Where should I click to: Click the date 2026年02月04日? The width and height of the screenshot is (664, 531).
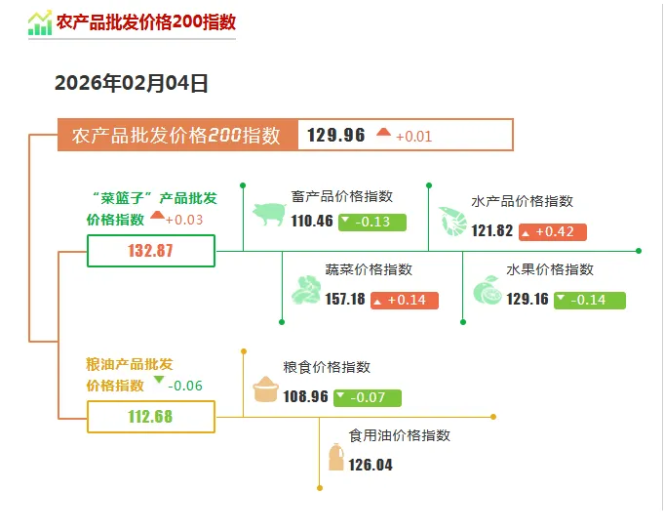coord(132,84)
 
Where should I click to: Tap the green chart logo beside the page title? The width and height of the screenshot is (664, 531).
coord(40,22)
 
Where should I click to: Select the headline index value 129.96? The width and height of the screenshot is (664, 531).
coord(336,135)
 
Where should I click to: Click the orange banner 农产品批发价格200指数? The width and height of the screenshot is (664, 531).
coord(177,135)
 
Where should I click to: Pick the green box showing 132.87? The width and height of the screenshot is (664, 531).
coord(151,251)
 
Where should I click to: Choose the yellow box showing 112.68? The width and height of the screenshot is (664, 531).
coord(151,417)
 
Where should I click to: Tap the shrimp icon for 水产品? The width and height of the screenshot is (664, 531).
coord(452,221)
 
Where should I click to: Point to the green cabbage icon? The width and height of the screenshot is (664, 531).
coord(306,290)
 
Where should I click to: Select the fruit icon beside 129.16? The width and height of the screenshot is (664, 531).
coord(487,291)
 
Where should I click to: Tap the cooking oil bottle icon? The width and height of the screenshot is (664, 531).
coord(335,457)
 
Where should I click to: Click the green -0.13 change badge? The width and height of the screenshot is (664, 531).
coord(371,222)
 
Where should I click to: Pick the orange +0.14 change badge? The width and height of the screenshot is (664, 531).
coord(405,300)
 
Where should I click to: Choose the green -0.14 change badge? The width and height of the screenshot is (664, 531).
coord(589,300)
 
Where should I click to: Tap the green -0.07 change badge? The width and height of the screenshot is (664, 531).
coord(367,397)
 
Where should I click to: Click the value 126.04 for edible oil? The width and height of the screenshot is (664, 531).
coord(371,465)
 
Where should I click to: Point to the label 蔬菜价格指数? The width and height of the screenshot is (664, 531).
coord(369,269)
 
